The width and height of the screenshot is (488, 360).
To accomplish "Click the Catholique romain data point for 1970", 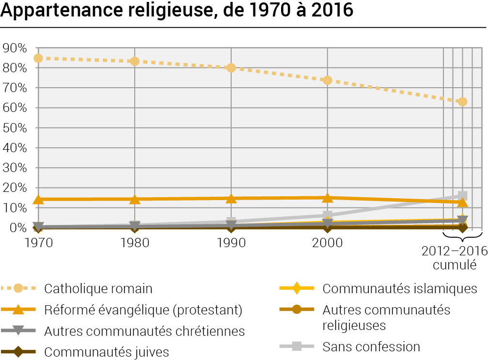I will (38, 58).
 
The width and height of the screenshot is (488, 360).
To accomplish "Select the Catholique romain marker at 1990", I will (231, 68).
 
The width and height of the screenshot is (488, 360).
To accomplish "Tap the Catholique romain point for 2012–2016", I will (462, 102).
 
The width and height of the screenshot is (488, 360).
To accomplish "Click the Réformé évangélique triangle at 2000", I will (328, 198).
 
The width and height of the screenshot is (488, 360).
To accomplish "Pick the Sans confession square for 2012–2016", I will (462, 196).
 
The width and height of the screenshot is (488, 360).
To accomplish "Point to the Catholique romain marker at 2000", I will (328, 80).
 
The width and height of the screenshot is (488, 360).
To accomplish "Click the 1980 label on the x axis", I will (135, 242).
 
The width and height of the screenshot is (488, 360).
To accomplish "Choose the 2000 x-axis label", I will (328, 242).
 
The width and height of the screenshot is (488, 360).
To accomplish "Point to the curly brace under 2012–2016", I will (462, 235).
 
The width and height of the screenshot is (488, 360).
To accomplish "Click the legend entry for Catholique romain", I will (98, 289).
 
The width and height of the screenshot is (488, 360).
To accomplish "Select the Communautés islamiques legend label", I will (400, 289).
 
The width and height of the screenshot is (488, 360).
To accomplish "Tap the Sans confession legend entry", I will (371, 346).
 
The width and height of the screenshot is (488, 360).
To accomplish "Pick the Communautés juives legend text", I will (107, 352).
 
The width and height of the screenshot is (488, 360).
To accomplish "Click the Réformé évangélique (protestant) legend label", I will (143, 310).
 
